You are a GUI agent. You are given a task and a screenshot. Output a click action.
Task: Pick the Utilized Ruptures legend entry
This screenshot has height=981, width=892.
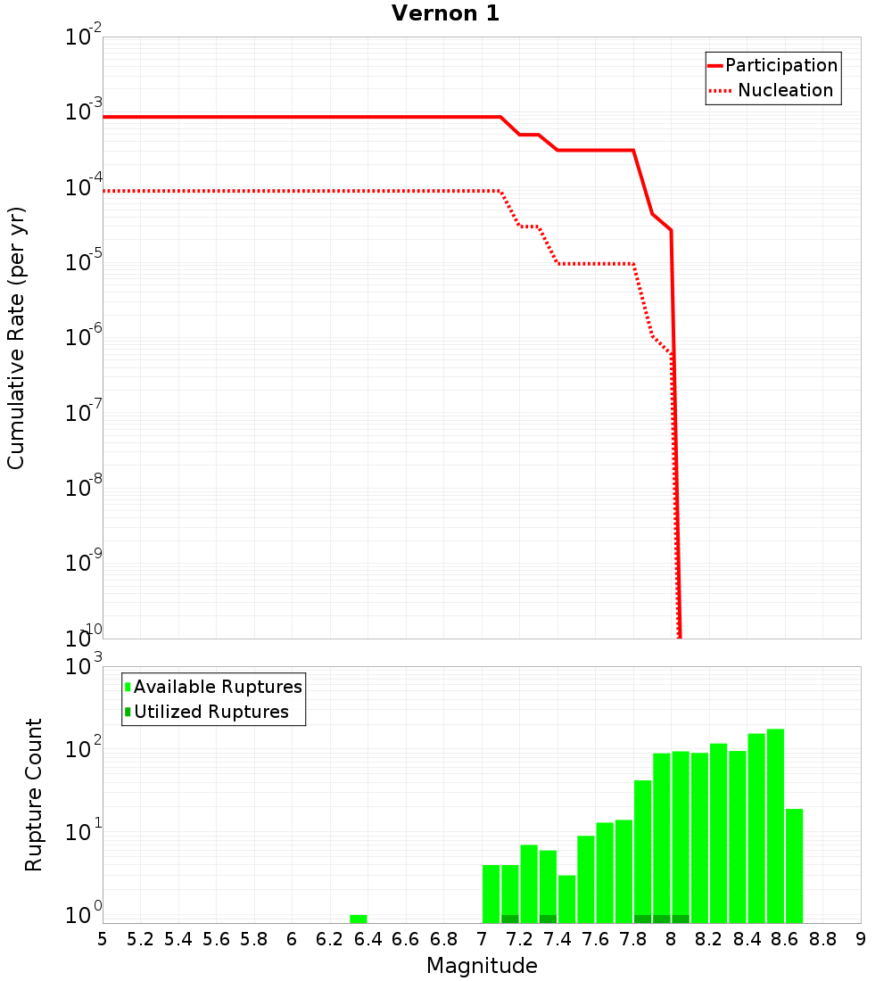[x=211, y=712]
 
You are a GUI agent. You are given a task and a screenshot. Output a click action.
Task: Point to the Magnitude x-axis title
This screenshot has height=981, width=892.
[x=482, y=966]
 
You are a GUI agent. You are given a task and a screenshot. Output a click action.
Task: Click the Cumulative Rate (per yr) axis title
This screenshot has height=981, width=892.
[x=16, y=338]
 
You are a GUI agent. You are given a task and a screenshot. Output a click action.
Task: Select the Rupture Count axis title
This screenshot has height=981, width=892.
[x=34, y=795]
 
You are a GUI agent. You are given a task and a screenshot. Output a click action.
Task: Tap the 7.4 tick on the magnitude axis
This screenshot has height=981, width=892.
[x=557, y=939]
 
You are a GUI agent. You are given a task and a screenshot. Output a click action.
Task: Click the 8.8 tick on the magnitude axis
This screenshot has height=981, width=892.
[x=823, y=939]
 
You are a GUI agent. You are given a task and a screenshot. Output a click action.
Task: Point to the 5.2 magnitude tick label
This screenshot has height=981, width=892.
[x=140, y=939]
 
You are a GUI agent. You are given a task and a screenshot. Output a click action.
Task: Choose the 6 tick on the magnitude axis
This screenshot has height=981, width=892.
[x=292, y=939]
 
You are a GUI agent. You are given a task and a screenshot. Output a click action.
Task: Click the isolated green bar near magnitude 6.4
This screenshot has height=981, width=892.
[x=359, y=919]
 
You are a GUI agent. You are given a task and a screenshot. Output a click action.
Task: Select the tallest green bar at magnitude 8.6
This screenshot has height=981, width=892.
[x=775, y=826]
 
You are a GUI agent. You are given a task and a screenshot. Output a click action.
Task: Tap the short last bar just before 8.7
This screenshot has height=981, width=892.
[x=794, y=865]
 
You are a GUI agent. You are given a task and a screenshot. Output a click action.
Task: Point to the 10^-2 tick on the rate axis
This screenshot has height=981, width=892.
[x=85, y=37]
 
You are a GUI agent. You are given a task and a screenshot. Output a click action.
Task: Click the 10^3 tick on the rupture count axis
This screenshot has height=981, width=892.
[x=85, y=667]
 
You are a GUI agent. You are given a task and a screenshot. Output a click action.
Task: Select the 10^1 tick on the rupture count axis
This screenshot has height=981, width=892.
[x=85, y=833]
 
